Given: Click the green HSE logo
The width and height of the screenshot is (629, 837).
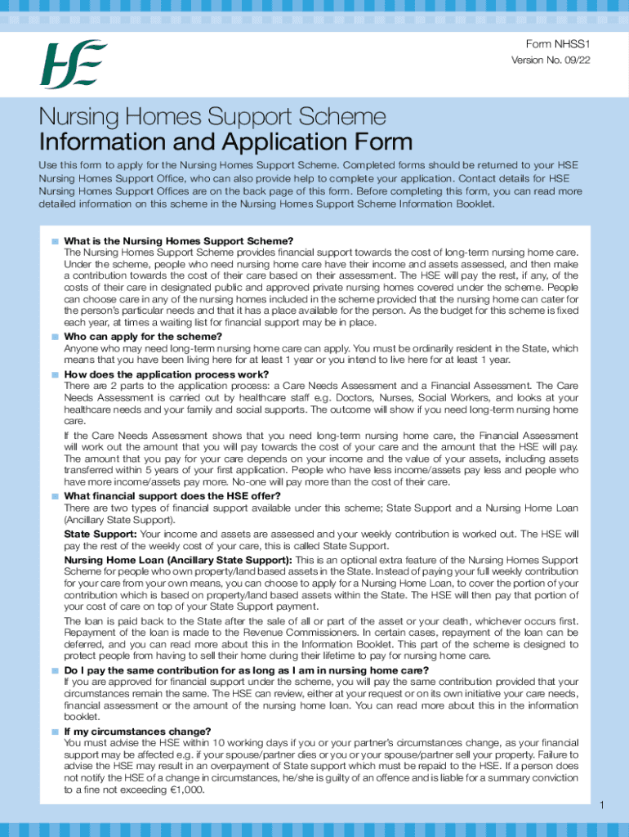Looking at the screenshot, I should (x=74, y=65).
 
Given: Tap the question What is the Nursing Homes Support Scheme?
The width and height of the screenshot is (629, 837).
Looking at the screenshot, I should (x=178, y=241).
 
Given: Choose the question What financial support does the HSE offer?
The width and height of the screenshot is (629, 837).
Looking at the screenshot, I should (x=172, y=496).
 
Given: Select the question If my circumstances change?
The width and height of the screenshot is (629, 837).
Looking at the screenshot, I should (x=137, y=732).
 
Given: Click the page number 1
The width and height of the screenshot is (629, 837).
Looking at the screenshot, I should (x=601, y=807).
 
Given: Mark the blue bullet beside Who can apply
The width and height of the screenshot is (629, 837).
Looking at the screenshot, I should (x=55, y=337).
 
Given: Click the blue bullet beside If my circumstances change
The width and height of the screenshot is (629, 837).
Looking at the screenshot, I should (x=55, y=732).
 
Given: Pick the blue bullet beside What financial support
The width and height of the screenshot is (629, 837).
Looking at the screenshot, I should (x=55, y=496).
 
